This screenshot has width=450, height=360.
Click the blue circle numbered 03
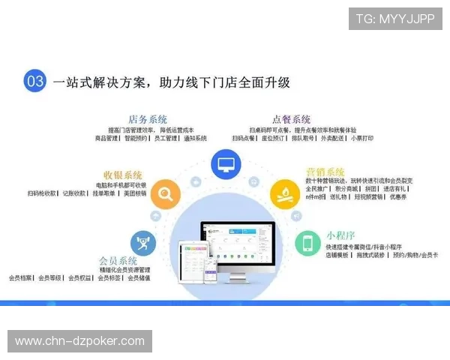(x=35, y=81)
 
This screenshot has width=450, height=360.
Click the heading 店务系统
(x=148, y=119)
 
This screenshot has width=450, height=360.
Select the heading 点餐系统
(x=291, y=119)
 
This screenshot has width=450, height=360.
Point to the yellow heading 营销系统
(x=325, y=172)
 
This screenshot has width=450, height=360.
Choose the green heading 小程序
(x=341, y=234)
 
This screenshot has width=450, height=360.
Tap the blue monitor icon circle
(x=225, y=163)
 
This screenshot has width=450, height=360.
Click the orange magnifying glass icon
(x=165, y=196)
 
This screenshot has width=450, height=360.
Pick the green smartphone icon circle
(x=307, y=242)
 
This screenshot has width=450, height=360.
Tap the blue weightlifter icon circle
(x=142, y=242)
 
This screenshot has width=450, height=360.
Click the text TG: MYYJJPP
(x=394, y=19)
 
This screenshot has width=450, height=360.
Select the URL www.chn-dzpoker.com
(x=79, y=341)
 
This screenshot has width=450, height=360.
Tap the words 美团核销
(x=140, y=193)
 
